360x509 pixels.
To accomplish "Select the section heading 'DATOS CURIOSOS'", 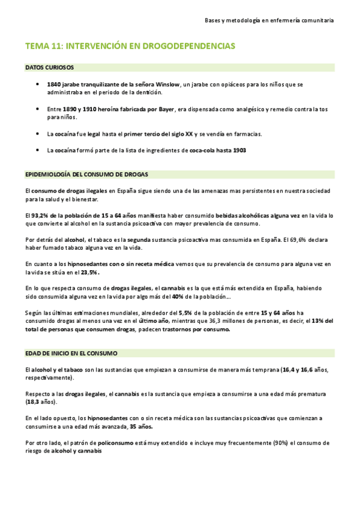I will (50, 68).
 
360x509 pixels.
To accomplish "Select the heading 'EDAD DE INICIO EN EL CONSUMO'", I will (71, 354).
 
